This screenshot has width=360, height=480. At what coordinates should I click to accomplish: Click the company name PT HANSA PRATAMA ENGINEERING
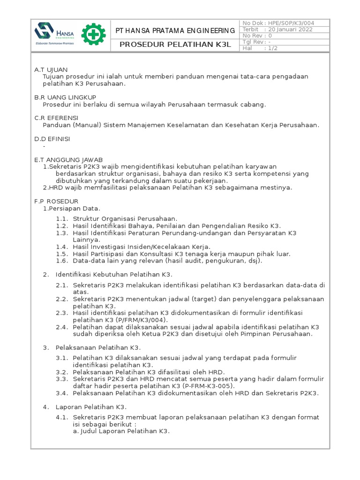click(x=176, y=31)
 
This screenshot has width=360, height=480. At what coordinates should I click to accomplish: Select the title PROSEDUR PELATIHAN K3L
click(x=176, y=45)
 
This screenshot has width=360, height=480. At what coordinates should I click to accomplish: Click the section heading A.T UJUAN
click(x=51, y=69)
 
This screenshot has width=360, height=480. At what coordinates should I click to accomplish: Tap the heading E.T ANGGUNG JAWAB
click(x=68, y=159)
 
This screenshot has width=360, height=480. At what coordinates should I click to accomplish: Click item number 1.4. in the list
click(x=62, y=247)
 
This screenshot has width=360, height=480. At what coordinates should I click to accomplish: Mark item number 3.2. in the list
click(x=62, y=372)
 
